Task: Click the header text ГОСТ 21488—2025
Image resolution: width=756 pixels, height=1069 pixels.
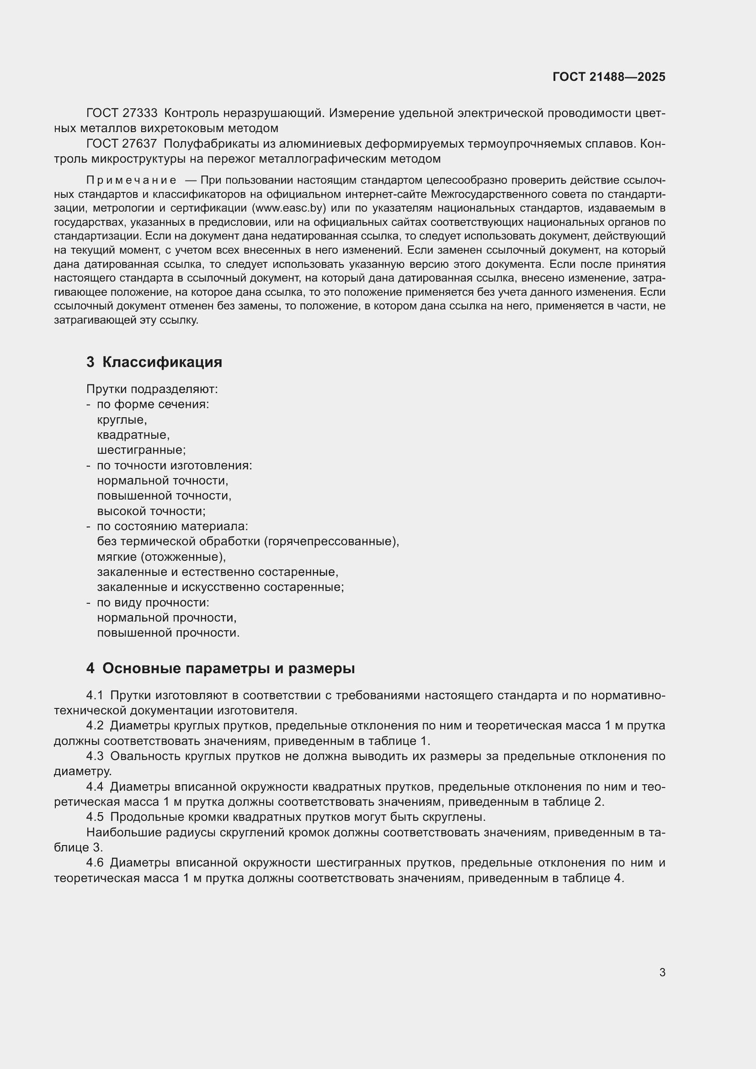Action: pyautogui.click(x=608, y=77)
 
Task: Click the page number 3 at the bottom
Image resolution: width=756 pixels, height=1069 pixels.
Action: pyautogui.click(x=662, y=972)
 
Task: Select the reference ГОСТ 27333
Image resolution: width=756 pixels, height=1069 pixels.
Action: pyautogui.click(x=122, y=113)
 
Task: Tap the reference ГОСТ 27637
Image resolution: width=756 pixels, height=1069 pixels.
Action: pyautogui.click(x=122, y=144)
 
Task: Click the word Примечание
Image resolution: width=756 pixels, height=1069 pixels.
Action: pyautogui.click(x=131, y=180)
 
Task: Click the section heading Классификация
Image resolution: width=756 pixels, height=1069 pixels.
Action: pyautogui.click(x=161, y=362)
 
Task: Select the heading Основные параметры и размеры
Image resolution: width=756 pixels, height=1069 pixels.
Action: pyautogui.click(x=228, y=668)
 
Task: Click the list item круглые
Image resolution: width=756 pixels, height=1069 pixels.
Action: pyautogui.click(x=122, y=420)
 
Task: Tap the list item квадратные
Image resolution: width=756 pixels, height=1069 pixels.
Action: pyautogui.click(x=133, y=435)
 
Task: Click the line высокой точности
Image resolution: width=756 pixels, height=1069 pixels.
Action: pyautogui.click(x=151, y=511)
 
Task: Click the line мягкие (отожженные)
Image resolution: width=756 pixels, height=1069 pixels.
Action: pyautogui.click(x=161, y=557)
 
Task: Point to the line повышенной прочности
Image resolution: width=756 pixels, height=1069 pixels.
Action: pyautogui.click(x=168, y=633)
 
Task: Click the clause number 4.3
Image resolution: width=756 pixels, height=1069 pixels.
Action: pyautogui.click(x=95, y=756)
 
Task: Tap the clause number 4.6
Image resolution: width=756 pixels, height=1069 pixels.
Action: pyautogui.click(x=95, y=863)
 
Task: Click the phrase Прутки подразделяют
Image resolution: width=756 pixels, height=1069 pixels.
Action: pyautogui.click(x=152, y=389)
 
